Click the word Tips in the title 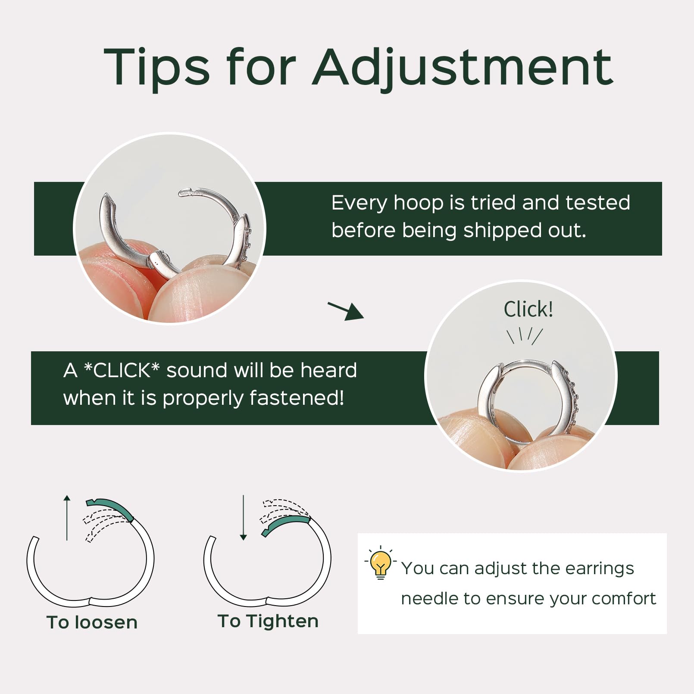pyautogui.click(x=156, y=68)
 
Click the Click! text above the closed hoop pyautogui.click(x=528, y=309)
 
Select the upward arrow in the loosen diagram pyautogui.click(x=67, y=517)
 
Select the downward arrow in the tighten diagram pyautogui.click(x=244, y=518)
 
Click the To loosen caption pyautogui.click(x=92, y=622)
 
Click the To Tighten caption pyautogui.click(x=268, y=621)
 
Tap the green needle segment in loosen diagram pyautogui.click(x=111, y=507)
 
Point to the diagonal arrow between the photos pyautogui.click(x=346, y=310)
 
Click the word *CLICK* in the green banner pyautogui.click(x=122, y=370)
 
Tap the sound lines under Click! pyautogui.click(x=524, y=335)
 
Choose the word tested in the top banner pyautogui.click(x=597, y=203)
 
